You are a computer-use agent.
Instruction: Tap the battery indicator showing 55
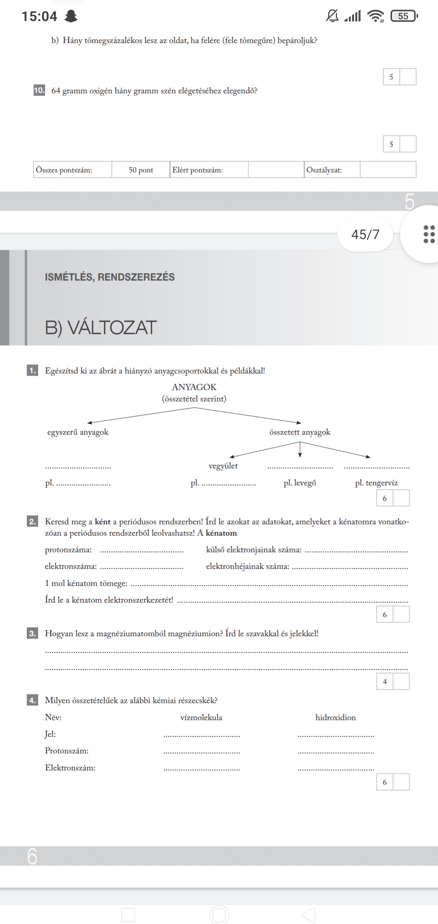[x=404, y=16]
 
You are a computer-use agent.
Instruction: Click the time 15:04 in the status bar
[x=39, y=16]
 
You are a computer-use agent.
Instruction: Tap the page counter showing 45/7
[x=365, y=234]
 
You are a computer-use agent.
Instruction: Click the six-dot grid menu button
[x=429, y=234]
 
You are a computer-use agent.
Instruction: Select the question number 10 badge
[x=39, y=90]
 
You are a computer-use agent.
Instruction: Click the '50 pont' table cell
[x=141, y=170]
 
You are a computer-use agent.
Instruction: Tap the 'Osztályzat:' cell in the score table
[x=324, y=170]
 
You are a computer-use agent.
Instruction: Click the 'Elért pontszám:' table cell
[x=198, y=170]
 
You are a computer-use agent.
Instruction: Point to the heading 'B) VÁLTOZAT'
[x=101, y=327]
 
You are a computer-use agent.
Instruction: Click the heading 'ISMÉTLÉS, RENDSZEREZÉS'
[x=110, y=277]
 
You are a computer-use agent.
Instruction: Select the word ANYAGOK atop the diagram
[x=194, y=387]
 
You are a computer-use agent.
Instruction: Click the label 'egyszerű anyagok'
[x=78, y=432]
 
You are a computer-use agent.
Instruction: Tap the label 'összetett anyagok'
[x=300, y=432]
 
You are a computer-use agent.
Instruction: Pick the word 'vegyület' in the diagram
[x=223, y=466]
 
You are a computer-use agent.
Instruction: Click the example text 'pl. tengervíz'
[x=376, y=483]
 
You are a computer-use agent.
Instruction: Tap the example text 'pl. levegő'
[x=300, y=483]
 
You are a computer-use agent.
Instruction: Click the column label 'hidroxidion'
[x=335, y=717]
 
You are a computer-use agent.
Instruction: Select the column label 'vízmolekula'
[x=201, y=717]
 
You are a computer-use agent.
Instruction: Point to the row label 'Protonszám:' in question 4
[x=67, y=751]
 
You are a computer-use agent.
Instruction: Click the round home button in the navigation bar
[x=219, y=915]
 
